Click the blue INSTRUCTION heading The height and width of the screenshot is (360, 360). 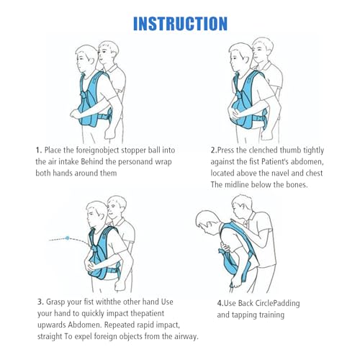180,24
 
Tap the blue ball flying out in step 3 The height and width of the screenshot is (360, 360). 68,238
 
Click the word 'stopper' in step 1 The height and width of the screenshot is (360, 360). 133,150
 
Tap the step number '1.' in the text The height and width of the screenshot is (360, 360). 39,150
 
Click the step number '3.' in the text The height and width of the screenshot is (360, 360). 40,302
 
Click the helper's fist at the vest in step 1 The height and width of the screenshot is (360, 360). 76,114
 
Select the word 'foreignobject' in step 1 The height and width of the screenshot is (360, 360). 97,150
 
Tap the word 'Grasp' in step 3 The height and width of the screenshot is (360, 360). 55,302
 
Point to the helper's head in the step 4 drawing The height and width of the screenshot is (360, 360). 241,205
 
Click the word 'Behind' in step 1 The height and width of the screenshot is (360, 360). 91,161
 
